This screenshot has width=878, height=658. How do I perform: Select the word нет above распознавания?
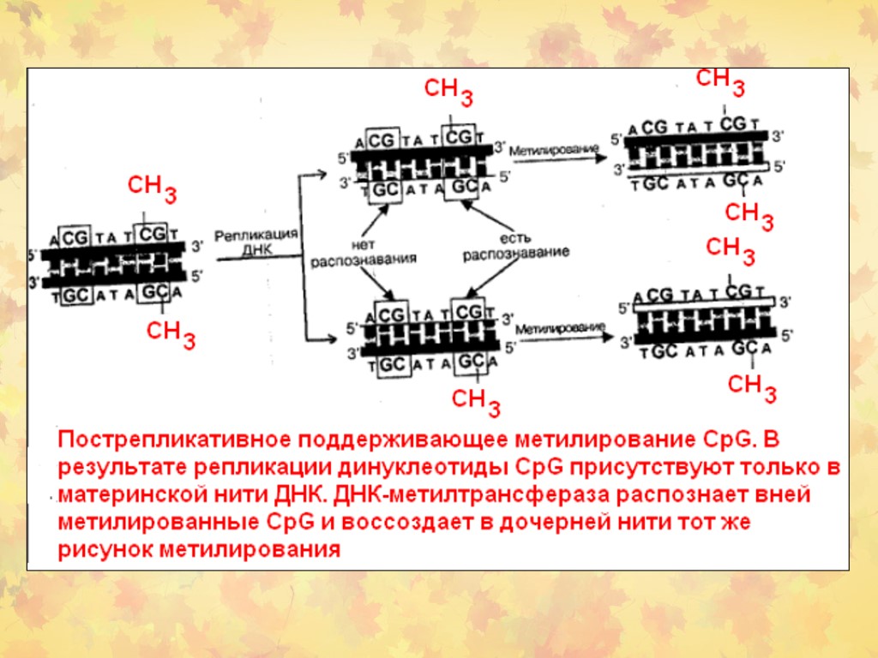point(364,242)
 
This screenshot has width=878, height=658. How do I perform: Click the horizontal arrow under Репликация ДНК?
point(257,261)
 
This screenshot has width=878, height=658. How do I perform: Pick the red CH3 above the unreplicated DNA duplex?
point(153,189)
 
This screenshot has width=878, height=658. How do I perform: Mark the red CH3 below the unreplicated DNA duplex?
point(171,334)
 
